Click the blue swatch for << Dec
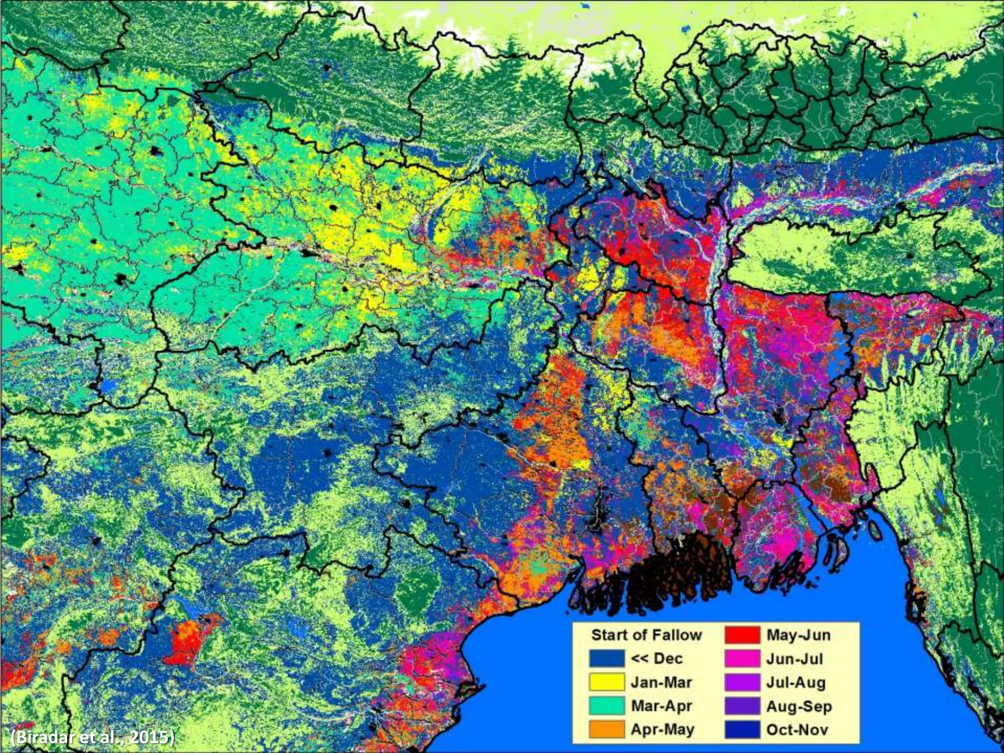pos(607,658)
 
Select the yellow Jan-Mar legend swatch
pos(607,682)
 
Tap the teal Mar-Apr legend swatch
pos(607,705)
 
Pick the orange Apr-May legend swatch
pos(607,729)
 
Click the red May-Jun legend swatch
pos(742,635)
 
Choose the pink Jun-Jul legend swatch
pos(742,658)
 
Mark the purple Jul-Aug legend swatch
pos(742,682)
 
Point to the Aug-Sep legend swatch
pos(742,705)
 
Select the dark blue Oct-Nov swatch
pos(742,729)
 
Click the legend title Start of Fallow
pos(647,635)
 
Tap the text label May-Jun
pos(798,635)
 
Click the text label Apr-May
pos(662,729)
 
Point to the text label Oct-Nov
pos(797,729)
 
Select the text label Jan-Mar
pos(661,682)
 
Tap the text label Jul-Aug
pos(796,682)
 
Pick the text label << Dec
pos(657,658)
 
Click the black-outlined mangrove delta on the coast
pos(677,574)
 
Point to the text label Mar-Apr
pos(661,705)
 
